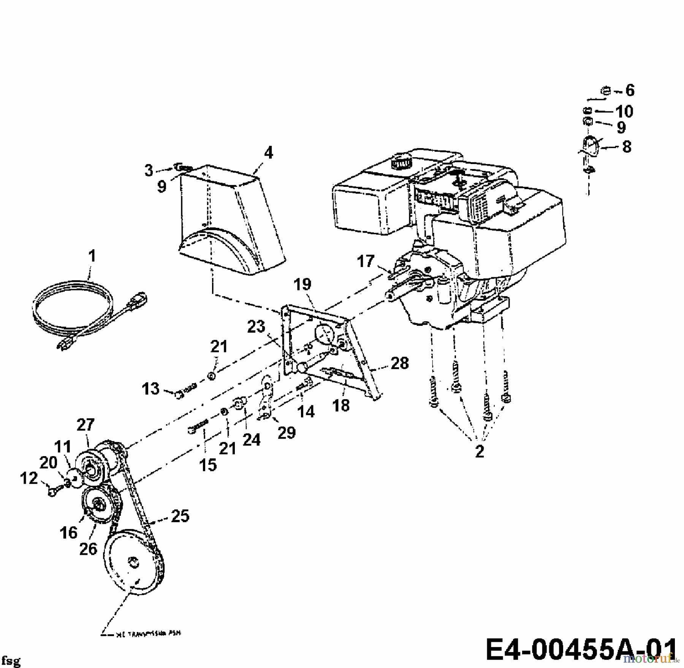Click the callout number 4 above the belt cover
point(268,153)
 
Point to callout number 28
point(400,363)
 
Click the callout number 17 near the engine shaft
point(366,261)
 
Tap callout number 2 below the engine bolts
point(480,451)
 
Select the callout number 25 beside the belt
point(180,516)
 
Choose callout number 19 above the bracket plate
point(302,284)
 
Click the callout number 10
point(624,112)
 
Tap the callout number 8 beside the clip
point(627,147)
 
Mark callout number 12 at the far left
point(28,478)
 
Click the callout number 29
point(287,433)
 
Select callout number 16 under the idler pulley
point(68,532)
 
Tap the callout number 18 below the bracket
point(341,405)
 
